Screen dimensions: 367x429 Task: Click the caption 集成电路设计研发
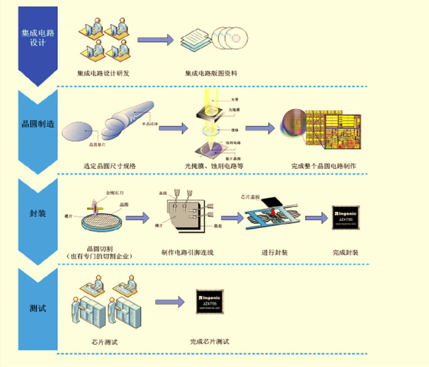coord(103,73)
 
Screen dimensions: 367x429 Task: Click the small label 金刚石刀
coord(112,193)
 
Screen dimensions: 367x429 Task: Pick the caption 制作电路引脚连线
coord(188,252)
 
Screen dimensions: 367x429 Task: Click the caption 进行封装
coord(274,252)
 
